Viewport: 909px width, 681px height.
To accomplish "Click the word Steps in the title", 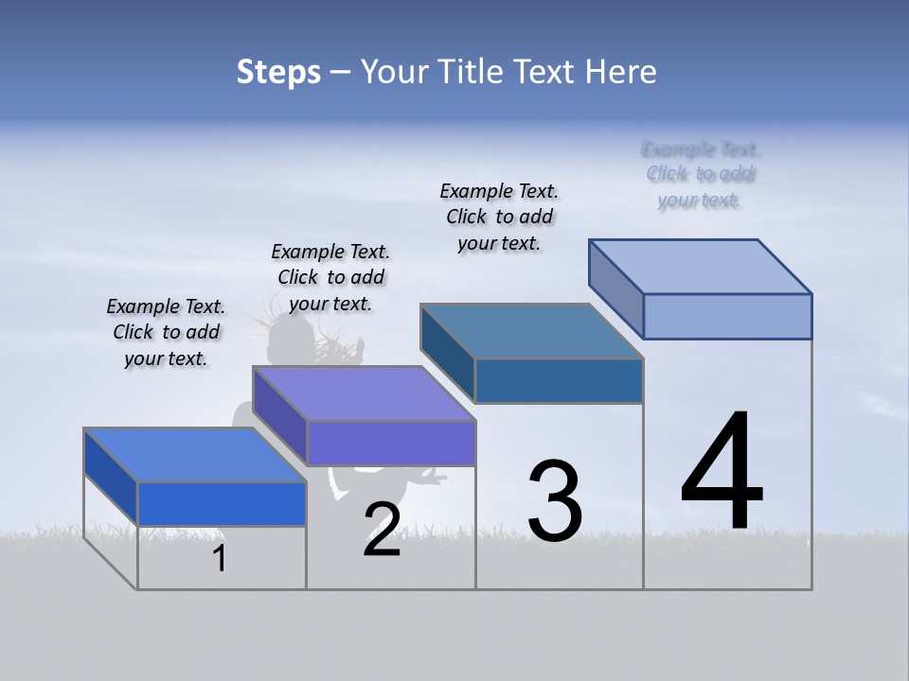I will tap(278, 72).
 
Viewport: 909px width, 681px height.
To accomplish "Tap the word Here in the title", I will tap(621, 72).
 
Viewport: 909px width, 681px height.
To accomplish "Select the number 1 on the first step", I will tap(220, 559).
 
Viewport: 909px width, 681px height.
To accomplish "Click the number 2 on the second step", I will tap(382, 531).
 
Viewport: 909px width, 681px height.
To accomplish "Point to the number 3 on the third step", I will tap(555, 501).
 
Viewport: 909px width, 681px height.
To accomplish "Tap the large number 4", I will tap(722, 470).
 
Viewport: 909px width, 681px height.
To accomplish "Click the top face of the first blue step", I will tap(194, 455).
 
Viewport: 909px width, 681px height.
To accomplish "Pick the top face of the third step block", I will tap(531, 331).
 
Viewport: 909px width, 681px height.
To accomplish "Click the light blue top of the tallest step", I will tap(700, 267).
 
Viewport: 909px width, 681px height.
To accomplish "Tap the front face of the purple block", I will tap(391, 443).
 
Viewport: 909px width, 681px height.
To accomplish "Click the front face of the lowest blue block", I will tap(222, 503).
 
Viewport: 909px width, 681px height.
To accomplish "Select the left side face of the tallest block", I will tap(616, 289).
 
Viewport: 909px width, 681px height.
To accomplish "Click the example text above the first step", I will tap(166, 333).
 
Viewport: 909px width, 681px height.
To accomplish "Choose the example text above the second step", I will tap(330, 277).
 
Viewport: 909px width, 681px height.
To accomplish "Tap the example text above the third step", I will tap(499, 217).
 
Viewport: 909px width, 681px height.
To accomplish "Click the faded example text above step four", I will tap(701, 174).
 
